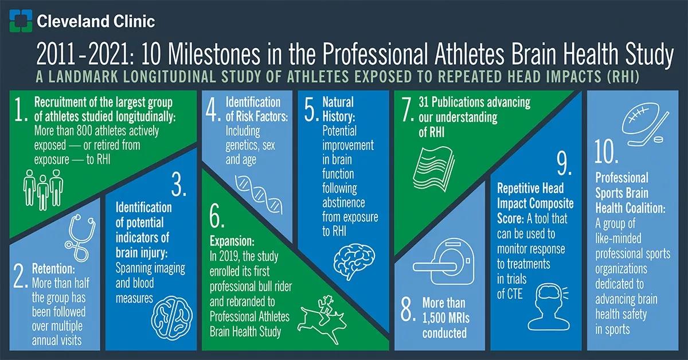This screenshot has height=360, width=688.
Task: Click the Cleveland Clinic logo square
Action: [x=21, y=21]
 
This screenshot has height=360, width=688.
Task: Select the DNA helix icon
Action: [x=259, y=194]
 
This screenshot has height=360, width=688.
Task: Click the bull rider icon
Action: [x=322, y=319]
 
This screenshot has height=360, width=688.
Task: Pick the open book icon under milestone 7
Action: [x=433, y=169]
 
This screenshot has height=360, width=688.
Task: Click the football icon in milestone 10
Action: [x=640, y=119]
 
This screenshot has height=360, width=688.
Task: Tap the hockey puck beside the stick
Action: [x=657, y=140]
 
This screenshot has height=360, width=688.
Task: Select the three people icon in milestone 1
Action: [x=43, y=189]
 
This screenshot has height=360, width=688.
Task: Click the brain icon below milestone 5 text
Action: [x=354, y=260]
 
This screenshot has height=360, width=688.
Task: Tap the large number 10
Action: [x=606, y=151]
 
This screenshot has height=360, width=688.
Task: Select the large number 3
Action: [x=178, y=185]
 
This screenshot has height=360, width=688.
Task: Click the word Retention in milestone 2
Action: [x=53, y=269]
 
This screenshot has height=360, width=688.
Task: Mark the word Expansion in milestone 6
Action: [x=232, y=241]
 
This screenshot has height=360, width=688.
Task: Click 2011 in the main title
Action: [x=56, y=54]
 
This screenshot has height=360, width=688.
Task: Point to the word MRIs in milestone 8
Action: [x=455, y=318]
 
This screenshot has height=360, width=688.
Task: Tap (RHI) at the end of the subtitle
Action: [x=623, y=77]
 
